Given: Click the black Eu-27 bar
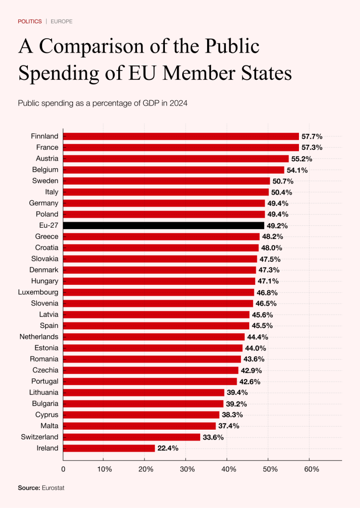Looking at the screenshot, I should (x=164, y=225).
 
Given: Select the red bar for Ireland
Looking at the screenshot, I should (x=109, y=448).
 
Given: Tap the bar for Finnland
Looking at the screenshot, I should (x=181, y=136).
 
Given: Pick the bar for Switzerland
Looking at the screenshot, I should (x=132, y=437).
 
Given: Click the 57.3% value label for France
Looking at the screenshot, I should (x=312, y=147).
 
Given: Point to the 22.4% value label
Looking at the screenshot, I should (x=168, y=448).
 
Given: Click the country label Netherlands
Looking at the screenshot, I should (x=39, y=337).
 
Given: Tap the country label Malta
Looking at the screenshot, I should (x=49, y=426).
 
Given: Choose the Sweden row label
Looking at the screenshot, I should (x=45, y=181).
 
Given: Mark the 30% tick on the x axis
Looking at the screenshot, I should (x=187, y=469).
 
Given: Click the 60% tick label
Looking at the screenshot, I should (x=310, y=469).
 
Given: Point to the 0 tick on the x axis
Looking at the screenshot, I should (x=64, y=469).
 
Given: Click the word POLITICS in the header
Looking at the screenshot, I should (x=30, y=22).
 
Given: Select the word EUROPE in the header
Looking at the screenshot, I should (x=62, y=22).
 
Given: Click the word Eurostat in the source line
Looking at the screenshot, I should (x=53, y=488).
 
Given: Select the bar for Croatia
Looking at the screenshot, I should (x=161, y=248).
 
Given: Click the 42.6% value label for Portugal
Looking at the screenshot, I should (x=250, y=381).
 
